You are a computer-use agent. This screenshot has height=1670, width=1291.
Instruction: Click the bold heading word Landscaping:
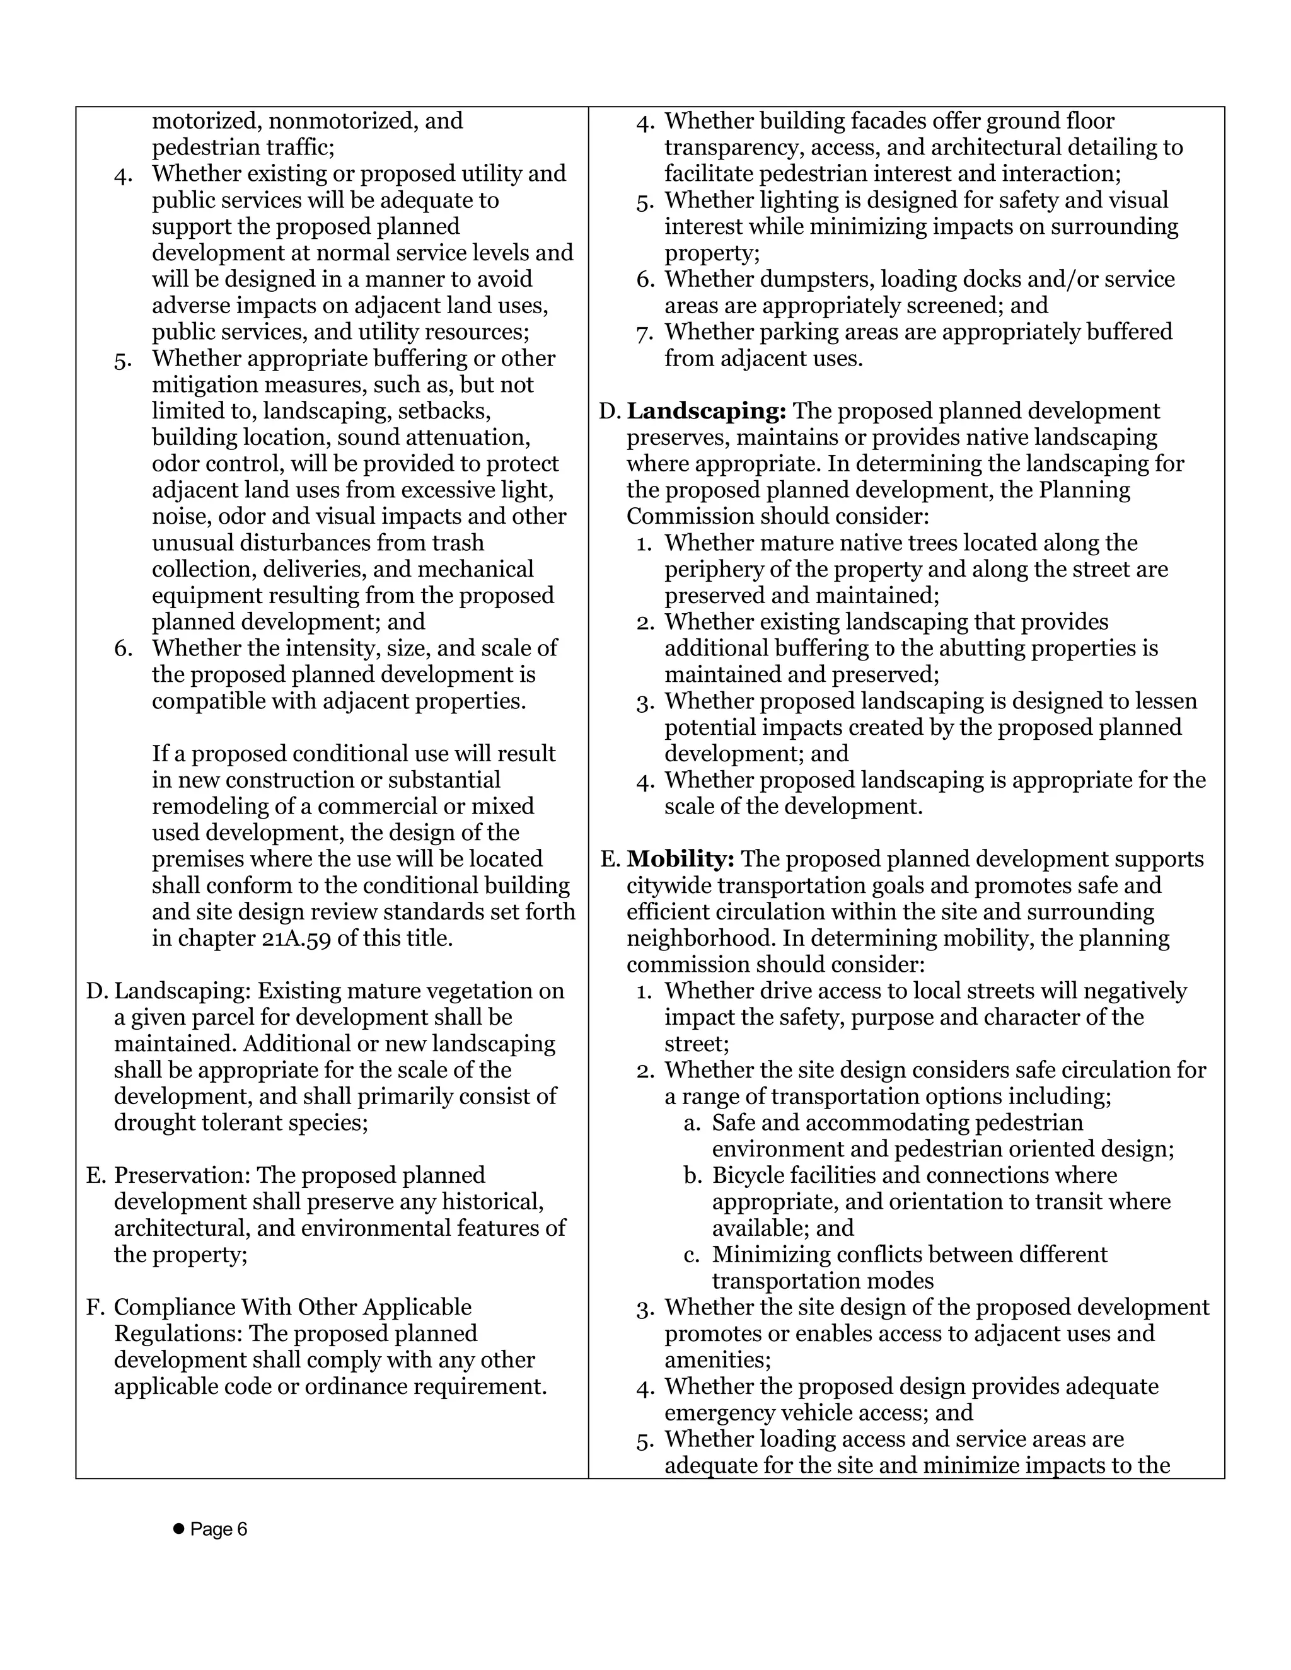706,412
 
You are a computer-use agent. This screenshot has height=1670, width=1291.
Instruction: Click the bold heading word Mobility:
680,859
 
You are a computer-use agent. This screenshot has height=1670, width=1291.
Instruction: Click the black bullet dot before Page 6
179,1529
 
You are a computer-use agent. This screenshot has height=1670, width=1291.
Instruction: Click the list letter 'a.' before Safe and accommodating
692,1123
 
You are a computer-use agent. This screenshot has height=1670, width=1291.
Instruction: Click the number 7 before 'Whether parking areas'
644,333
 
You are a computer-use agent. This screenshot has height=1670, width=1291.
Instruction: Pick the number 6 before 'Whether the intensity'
123,648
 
